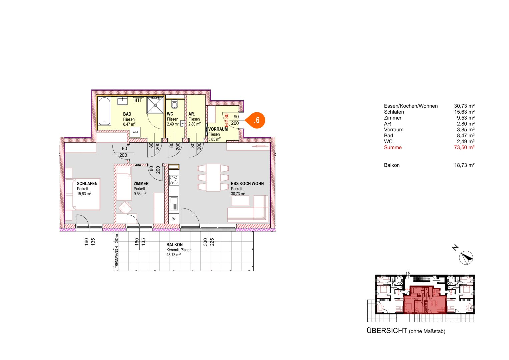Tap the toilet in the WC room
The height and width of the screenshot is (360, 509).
click(x=174, y=105)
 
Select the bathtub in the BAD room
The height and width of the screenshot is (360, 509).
click(x=104, y=111)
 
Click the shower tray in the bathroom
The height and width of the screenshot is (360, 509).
click(x=155, y=105)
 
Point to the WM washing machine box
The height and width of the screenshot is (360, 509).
click(x=135, y=132)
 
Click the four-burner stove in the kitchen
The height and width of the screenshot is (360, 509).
click(x=174, y=180)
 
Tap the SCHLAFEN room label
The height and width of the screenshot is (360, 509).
click(x=87, y=184)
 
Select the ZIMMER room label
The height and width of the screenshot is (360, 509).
click(x=141, y=184)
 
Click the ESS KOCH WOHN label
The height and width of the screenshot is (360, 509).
click(x=247, y=184)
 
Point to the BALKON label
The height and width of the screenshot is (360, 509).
click(x=175, y=245)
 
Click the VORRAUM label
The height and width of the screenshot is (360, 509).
click(x=218, y=129)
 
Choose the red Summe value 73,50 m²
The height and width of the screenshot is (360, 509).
click(x=464, y=147)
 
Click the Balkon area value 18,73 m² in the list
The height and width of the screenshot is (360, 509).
click(x=464, y=165)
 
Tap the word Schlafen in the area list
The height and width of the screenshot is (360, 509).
click(x=394, y=112)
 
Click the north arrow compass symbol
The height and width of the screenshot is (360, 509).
click(x=466, y=258)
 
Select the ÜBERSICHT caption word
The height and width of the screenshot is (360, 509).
click(x=387, y=331)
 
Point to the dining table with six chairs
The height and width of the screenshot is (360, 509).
click(x=213, y=177)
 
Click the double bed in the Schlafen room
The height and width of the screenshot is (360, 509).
click(x=83, y=194)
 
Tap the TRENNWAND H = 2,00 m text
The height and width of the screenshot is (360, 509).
click(x=116, y=252)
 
